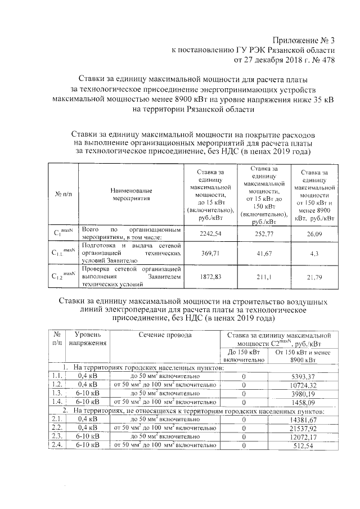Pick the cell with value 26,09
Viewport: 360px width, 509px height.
click(314, 233)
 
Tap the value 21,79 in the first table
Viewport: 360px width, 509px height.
click(314, 277)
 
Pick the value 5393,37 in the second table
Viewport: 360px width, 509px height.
click(303, 376)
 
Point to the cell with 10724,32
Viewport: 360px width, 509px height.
click(303, 385)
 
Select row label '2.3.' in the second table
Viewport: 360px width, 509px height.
click(57, 436)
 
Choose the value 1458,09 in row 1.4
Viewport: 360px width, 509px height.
click(303, 402)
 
